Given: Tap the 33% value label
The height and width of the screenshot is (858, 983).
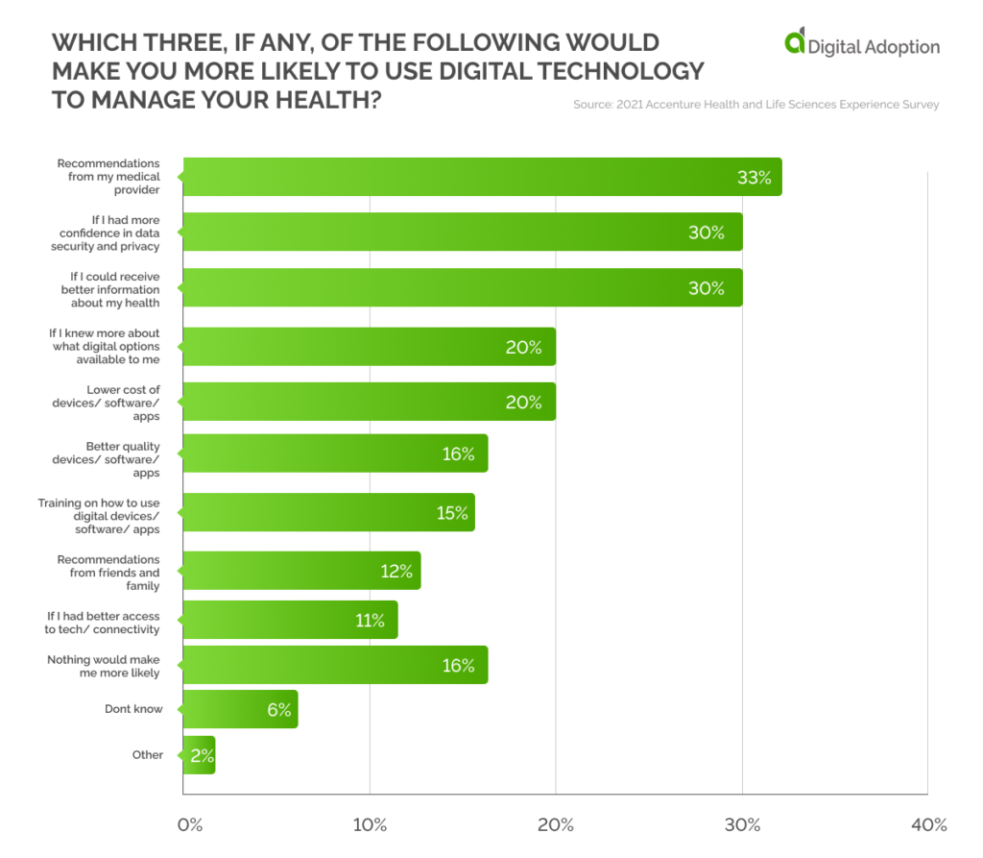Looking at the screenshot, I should [x=754, y=178].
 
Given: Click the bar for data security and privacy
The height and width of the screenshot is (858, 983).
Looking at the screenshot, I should [x=462, y=233].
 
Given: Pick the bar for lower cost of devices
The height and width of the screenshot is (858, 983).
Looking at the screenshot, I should [x=369, y=402].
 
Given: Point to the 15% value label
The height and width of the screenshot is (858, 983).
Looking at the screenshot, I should [x=452, y=513].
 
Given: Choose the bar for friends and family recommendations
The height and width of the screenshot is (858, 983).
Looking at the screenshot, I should [x=301, y=572].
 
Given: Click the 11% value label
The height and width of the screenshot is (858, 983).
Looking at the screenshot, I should [x=370, y=621].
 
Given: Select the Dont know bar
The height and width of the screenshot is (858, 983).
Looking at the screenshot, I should [x=240, y=709].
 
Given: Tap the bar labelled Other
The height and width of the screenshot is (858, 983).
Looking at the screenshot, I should [x=199, y=755].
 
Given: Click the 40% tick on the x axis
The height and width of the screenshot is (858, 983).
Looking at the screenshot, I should [x=928, y=824].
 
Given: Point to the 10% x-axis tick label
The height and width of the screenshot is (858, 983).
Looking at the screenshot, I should [x=370, y=824].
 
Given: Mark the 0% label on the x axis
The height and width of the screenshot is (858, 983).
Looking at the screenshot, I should [x=190, y=824].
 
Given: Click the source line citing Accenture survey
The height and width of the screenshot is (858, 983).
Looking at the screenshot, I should [x=755, y=104].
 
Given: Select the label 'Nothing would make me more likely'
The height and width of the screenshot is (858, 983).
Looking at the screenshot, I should [x=104, y=666].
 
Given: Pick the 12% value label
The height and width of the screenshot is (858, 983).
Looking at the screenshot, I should [x=396, y=572].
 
